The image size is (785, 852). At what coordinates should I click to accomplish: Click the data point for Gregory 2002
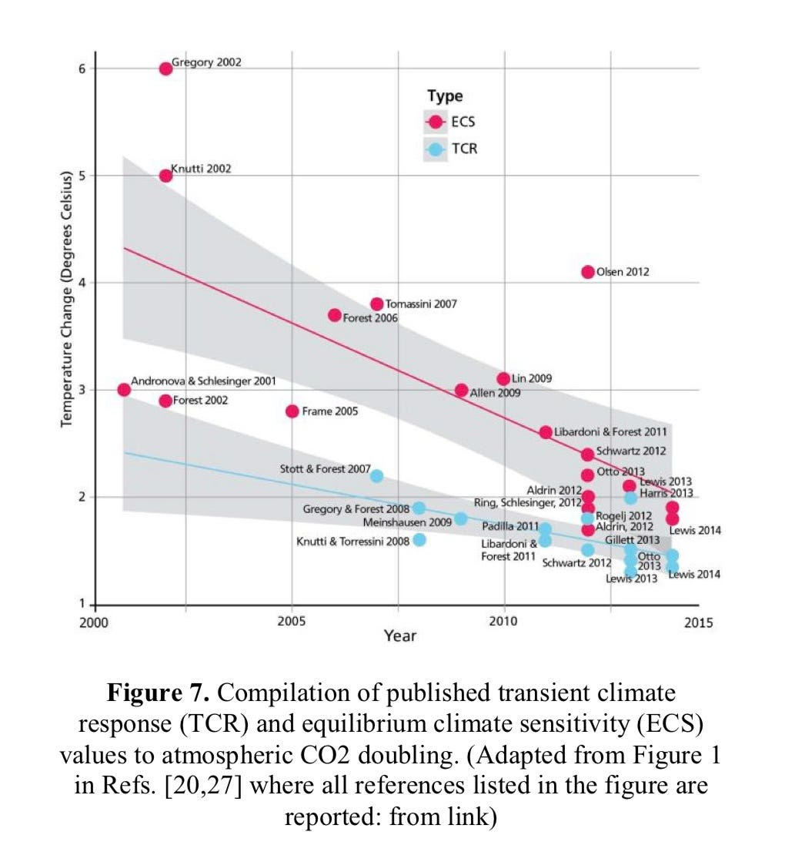(x=165, y=69)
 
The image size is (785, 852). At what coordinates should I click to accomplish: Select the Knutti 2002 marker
(x=165, y=176)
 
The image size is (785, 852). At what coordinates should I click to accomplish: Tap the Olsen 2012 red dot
(x=588, y=272)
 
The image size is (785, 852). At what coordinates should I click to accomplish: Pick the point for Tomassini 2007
(x=377, y=304)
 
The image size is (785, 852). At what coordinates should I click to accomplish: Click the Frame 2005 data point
(x=292, y=411)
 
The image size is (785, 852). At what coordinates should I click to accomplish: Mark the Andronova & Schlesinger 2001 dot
(x=124, y=390)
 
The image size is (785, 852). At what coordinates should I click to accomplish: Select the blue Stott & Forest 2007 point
(x=377, y=476)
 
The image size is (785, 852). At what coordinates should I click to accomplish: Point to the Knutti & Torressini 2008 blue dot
(x=419, y=540)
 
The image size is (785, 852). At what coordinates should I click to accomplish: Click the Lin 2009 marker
(x=503, y=379)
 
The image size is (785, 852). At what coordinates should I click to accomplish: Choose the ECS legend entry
(x=452, y=122)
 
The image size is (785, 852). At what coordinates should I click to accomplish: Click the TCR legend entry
(x=452, y=149)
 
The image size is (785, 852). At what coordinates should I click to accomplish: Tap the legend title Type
(x=445, y=96)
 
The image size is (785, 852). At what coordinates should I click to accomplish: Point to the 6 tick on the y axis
(x=82, y=69)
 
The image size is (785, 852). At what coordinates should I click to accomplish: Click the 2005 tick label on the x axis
(x=292, y=622)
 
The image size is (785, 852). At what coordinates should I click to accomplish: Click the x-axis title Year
(x=399, y=636)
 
